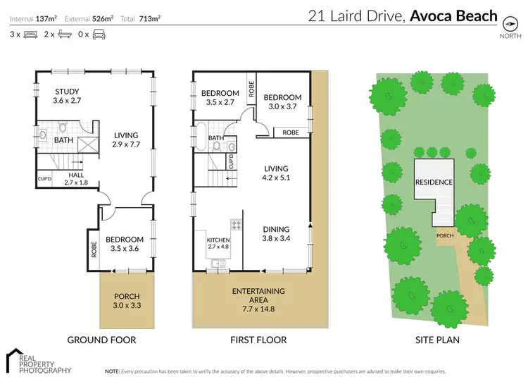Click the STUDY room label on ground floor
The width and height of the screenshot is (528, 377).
coord(68,96)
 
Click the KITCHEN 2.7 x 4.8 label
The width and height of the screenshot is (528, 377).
coord(218,244)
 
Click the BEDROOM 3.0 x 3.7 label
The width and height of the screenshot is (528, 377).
coord(282,102)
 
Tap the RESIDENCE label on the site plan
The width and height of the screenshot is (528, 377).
coord(434,181)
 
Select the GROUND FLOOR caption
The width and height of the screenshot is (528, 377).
coord(101,340)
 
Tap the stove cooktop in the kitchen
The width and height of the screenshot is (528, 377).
coord(236,225)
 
